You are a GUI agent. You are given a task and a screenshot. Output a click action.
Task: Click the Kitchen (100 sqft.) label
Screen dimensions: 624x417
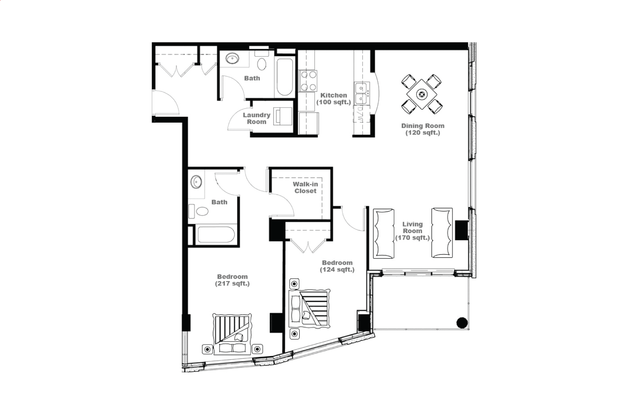coord(334,99)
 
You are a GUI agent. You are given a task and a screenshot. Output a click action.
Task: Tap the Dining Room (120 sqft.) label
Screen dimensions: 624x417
coord(422,129)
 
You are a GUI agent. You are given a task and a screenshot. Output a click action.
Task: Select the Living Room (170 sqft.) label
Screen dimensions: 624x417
coord(412,231)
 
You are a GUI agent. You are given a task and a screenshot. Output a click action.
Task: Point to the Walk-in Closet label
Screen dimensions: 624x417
coord(305,187)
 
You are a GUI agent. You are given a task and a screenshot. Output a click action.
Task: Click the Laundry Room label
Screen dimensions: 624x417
coord(256,118)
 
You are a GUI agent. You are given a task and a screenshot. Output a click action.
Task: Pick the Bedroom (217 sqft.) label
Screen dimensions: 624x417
coord(232,280)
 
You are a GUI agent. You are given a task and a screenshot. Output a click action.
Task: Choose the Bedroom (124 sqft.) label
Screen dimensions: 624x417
coord(337,266)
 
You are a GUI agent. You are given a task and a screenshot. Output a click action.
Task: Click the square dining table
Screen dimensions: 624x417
coord(422,94)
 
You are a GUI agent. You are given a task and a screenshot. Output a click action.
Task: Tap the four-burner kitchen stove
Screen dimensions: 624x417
coord(308,81)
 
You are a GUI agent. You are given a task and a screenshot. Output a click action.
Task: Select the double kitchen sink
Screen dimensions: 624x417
coord(362,93)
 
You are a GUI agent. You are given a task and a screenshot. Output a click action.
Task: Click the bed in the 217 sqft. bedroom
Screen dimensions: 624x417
coord(232,334)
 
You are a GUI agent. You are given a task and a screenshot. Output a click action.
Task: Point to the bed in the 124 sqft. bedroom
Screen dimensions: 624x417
coord(309,309)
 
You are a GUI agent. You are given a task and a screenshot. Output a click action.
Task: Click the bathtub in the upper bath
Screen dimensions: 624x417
coord(285,77)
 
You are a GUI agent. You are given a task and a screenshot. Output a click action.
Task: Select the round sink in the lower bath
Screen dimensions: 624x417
coord(196,182)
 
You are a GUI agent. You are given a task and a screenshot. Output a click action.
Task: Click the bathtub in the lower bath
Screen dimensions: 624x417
coord(216,235)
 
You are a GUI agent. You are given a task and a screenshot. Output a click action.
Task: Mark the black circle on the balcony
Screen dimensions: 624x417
coord(462,323)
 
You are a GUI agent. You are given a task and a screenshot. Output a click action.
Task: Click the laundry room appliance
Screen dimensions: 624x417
coord(283,116)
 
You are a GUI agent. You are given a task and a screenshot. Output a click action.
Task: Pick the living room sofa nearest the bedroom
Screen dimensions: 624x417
coord(384,233)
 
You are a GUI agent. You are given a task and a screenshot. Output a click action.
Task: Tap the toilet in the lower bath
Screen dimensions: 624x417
coord(199,211)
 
